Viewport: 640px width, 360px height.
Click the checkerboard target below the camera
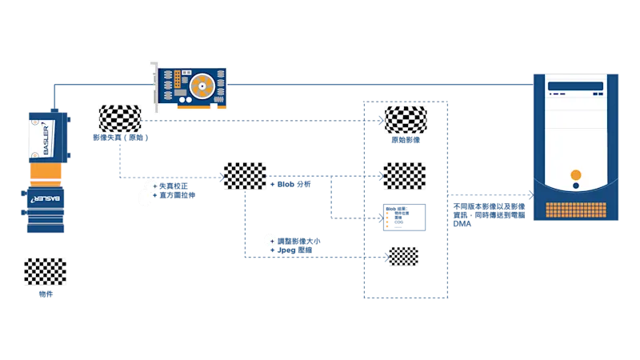coord(45,271)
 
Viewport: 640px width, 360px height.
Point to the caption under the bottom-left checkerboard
coord(46,294)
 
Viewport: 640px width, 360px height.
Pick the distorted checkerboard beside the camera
coord(118,118)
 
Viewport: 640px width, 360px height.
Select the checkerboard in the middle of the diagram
coord(246,175)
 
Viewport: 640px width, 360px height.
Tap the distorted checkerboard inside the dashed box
coord(406,118)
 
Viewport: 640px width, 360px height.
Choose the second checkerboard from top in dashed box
coord(406,174)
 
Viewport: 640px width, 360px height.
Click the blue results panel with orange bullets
coord(405,217)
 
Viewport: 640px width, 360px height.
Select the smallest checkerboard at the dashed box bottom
coord(403,254)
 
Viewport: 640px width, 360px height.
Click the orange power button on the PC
coord(575,174)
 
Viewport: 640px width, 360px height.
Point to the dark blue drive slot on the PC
coord(575,86)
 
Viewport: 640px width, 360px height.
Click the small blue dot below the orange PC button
coord(575,187)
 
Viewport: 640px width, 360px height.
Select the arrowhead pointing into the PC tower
coord(529,194)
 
